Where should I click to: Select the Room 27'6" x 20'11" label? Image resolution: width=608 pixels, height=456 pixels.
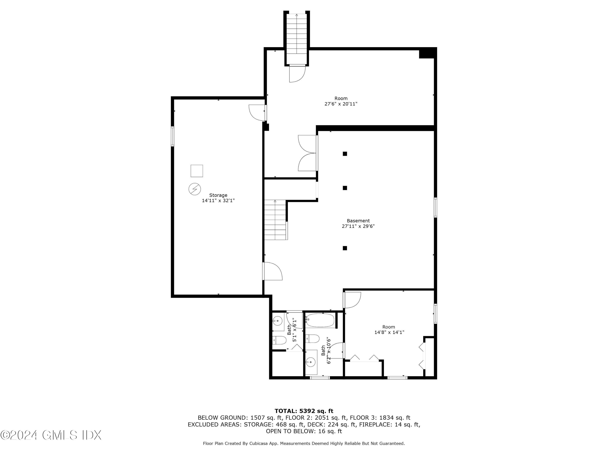tap(341, 101)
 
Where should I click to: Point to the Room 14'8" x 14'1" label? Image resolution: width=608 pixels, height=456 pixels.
tap(389, 330)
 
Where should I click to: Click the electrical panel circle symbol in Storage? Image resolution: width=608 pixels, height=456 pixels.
tap(195, 189)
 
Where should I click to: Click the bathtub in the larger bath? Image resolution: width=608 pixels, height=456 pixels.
tap(320, 320)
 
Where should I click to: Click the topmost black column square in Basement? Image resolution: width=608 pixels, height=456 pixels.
tap(345, 154)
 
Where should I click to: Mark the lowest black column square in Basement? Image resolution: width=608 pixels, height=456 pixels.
tap(345, 248)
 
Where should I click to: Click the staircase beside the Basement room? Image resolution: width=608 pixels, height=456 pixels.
tap(275, 220)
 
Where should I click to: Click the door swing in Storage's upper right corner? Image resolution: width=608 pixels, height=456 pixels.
tap(257, 112)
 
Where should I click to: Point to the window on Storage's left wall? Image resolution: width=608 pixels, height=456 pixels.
tap(173, 136)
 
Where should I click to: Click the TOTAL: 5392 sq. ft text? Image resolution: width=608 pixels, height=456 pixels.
tap(304, 411)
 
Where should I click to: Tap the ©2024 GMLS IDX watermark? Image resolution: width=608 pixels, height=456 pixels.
tap(51, 435)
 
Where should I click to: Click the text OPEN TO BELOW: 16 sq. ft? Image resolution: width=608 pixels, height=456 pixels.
tap(304, 431)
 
